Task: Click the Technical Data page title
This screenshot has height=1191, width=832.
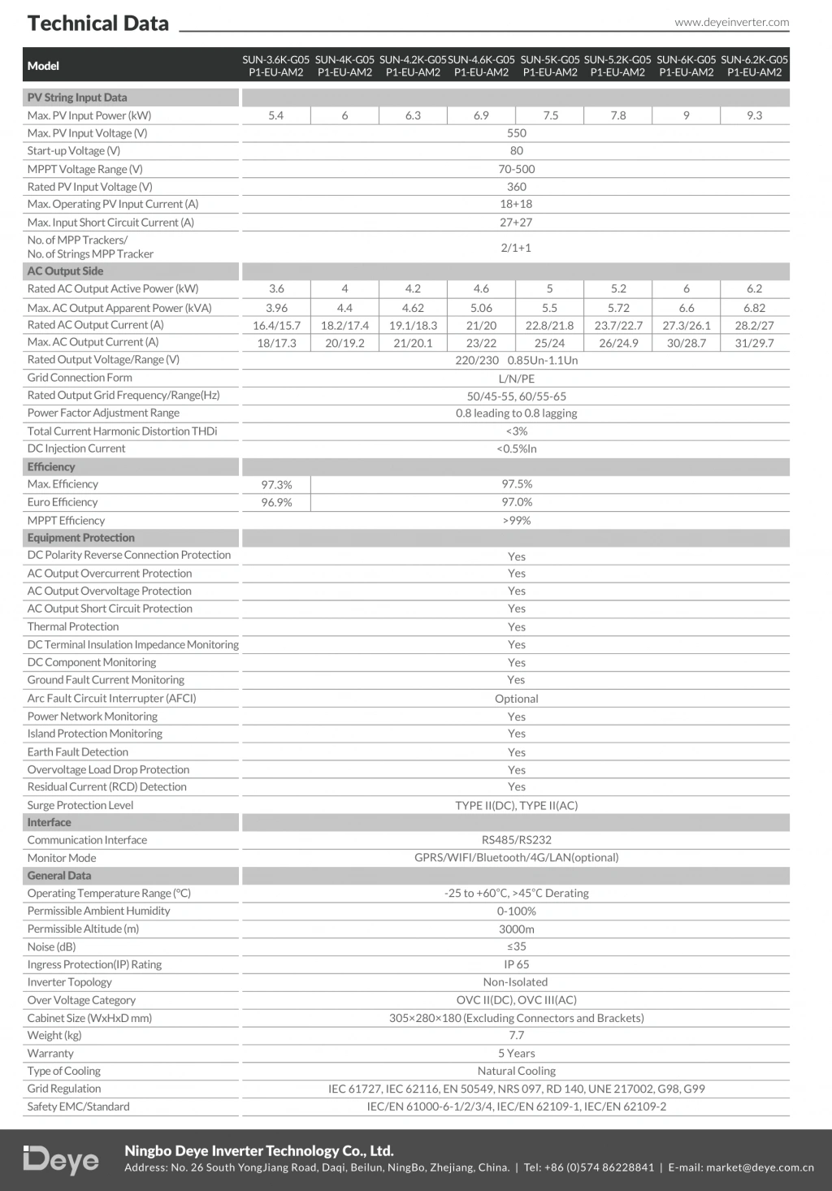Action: [x=98, y=24]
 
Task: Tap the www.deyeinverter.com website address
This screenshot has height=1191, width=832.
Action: [x=731, y=23]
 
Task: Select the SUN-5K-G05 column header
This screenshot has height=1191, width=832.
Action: [x=550, y=66]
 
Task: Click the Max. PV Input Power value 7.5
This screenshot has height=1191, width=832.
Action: [x=550, y=115]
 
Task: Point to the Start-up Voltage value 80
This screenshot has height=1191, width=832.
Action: [x=517, y=151]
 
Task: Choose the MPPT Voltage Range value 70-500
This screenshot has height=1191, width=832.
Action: [x=517, y=169]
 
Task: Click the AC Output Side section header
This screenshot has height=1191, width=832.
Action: [x=66, y=271]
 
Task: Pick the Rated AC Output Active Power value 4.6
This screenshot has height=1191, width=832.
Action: [x=481, y=289]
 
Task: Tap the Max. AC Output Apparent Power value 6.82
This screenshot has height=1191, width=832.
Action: [x=754, y=308]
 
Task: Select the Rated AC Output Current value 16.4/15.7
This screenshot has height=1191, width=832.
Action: [x=276, y=325]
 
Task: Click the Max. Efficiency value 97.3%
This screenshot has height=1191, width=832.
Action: [x=276, y=485]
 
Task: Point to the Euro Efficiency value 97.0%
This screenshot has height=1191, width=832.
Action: [x=517, y=502]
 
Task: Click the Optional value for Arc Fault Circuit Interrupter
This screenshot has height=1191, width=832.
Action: [x=517, y=699]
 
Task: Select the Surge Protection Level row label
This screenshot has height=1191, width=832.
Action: [x=80, y=805]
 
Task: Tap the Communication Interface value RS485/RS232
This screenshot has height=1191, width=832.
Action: [x=517, y=840]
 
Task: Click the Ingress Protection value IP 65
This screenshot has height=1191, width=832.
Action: [x=517, y=964]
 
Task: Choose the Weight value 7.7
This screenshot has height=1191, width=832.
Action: [x=517, y=1035]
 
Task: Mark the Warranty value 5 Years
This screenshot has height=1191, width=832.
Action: [x=517, y=1054]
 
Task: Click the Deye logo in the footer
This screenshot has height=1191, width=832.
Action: [x=62, y=1160]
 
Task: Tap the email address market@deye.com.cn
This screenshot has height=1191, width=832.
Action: [x=760, y=1167]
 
